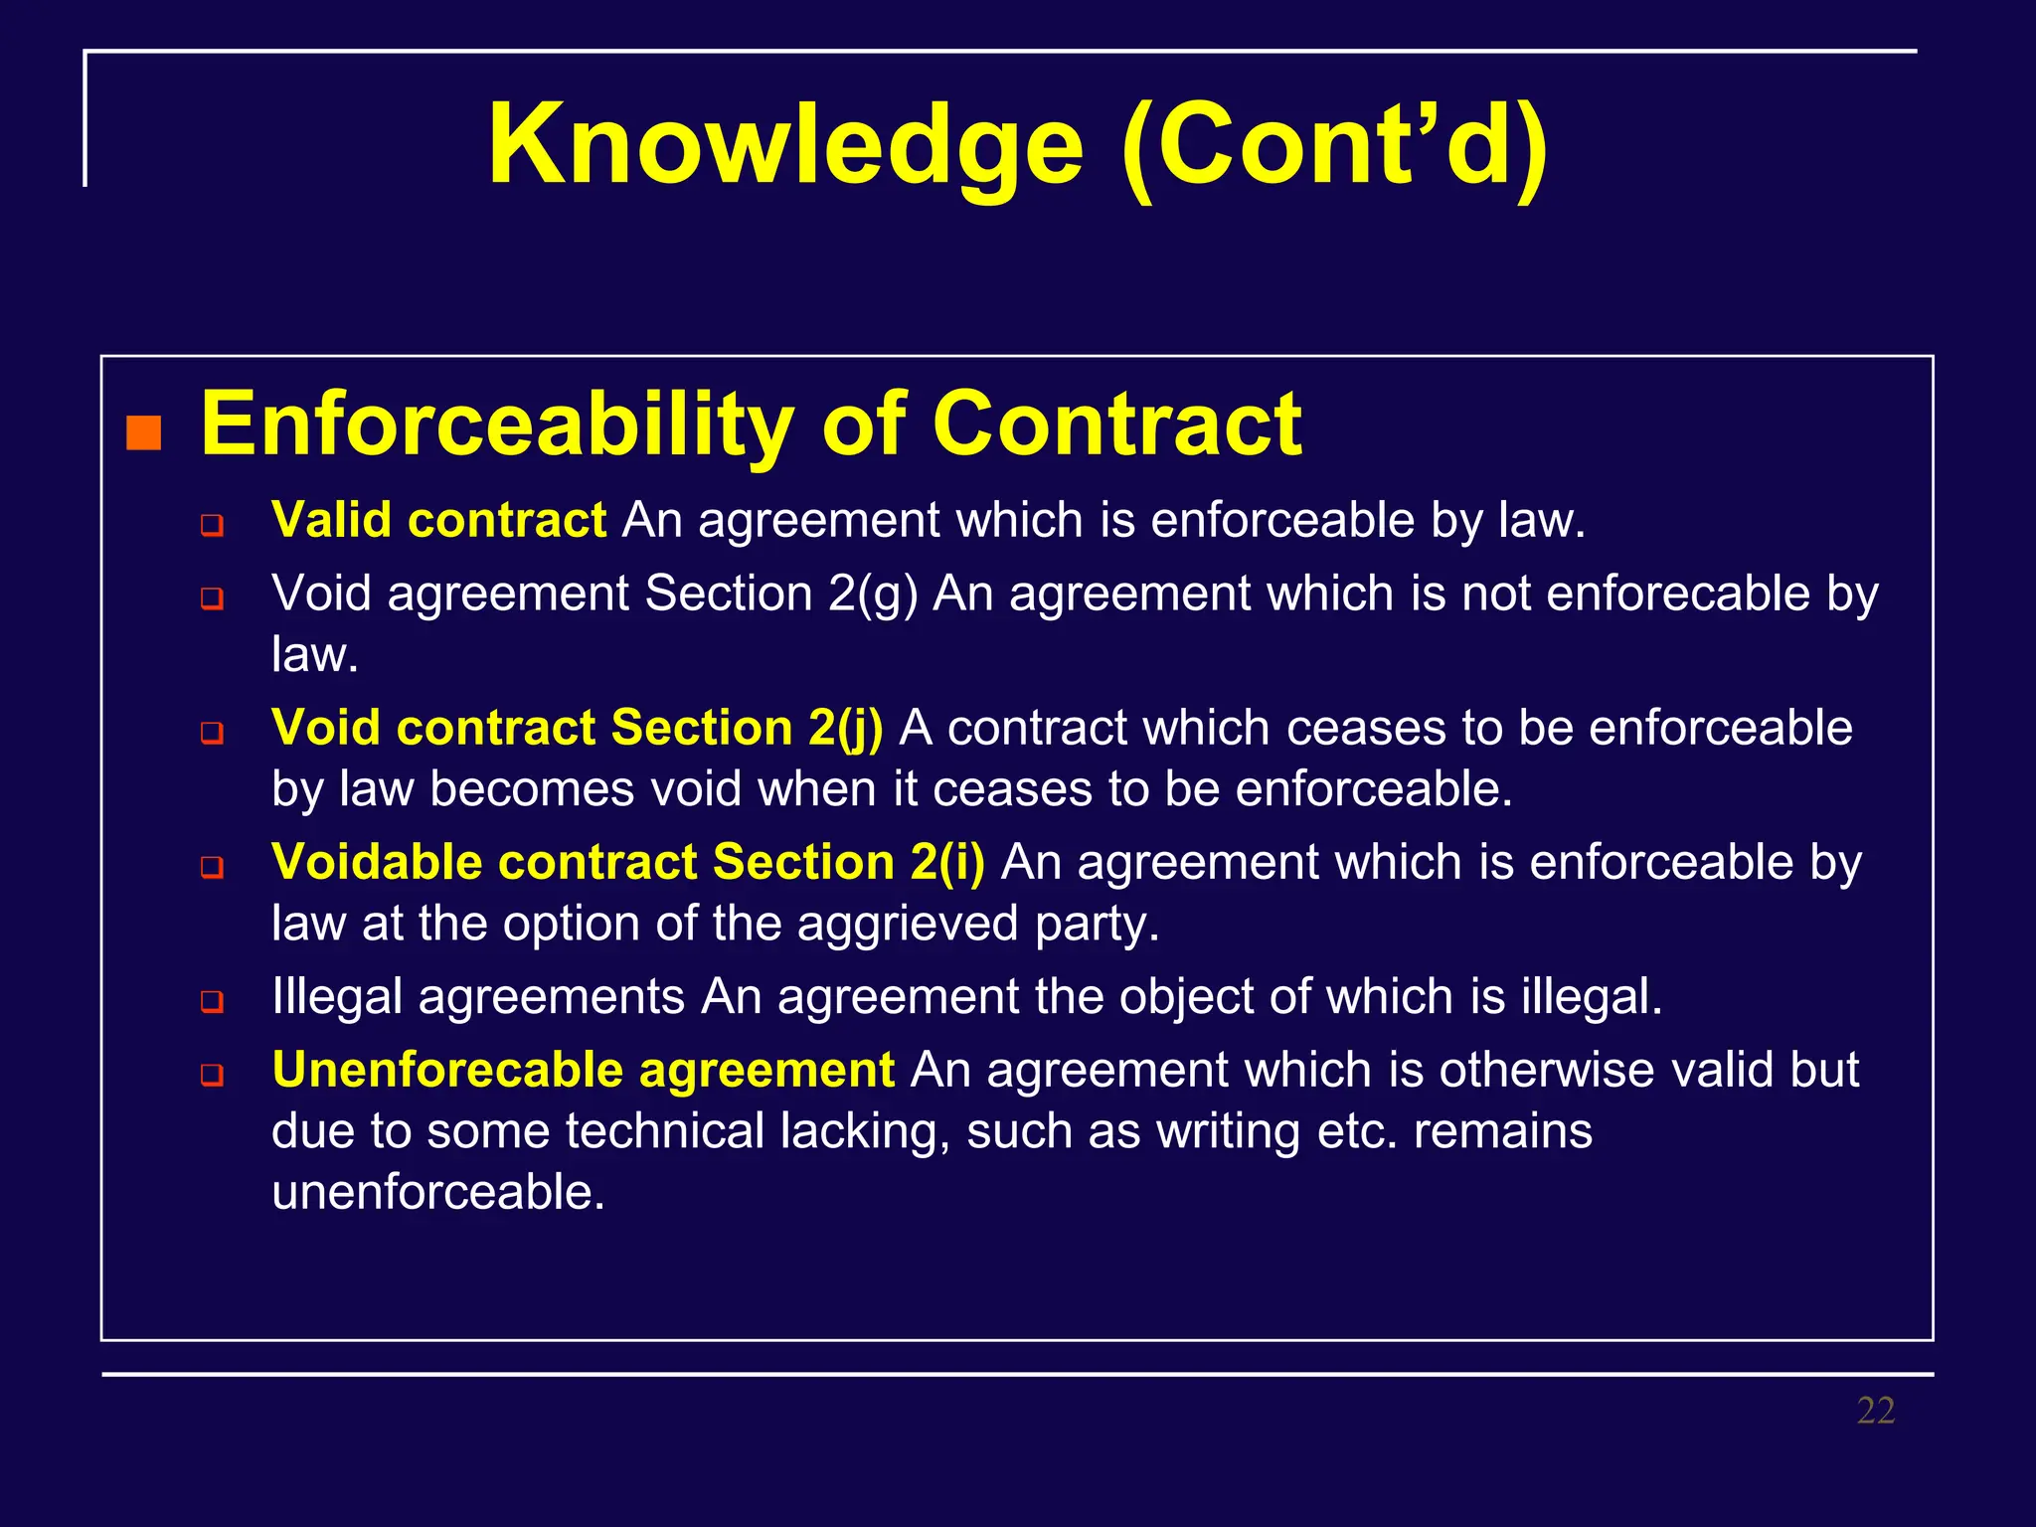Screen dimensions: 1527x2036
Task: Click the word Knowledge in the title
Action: [x=785, y=145]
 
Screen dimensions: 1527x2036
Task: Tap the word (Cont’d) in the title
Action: [x=1334, y=145]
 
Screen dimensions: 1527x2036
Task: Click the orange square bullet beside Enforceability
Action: [x=144, y=433]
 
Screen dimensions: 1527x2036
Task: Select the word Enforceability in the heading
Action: [x=497, y=425]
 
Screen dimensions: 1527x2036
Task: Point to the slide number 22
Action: [x=1875, y=1411]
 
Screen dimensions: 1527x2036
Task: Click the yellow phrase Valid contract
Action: [x=438, y=520]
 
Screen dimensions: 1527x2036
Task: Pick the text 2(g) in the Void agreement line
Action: [x=873, y=594]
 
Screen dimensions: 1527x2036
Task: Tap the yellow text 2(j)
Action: [x=845, y=727]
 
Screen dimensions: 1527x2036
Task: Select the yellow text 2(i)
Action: [x=947, y=862]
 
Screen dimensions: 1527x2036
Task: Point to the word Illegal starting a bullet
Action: [x=337, y=996]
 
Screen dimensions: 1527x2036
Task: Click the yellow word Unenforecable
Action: [x=446, y=1070]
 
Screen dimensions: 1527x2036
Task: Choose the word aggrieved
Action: [x=907, y=924]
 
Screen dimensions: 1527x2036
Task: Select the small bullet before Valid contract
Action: [x=212, y=524]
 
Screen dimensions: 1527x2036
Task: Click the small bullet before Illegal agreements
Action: [x=212, y=1000]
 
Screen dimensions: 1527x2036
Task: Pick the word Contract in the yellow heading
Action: [x=1116, y=425]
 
